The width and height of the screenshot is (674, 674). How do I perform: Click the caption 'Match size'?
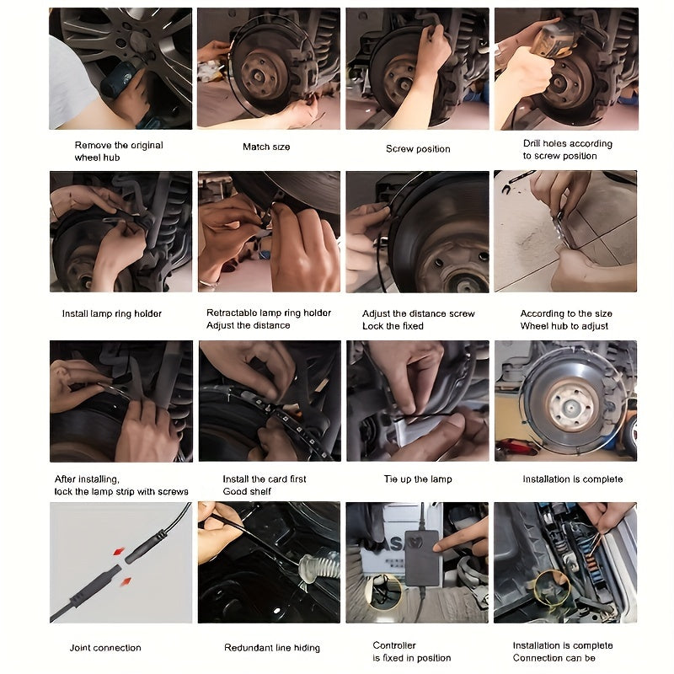[266, 147]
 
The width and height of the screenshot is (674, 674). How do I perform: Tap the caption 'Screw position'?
[418, 149]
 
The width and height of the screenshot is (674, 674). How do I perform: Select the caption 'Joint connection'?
[105, 648]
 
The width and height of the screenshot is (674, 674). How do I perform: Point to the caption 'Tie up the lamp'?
[418, 479]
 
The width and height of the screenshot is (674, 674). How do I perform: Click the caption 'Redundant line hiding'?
[272, 648]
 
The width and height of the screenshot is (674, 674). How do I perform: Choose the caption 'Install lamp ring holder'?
[112, 313]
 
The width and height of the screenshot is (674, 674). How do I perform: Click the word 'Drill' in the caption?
[532, 143]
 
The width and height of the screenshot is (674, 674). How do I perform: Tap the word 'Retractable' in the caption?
[230, 313]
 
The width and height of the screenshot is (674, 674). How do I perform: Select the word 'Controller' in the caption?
[394, 645]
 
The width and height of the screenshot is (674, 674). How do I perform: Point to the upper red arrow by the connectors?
[119, 551]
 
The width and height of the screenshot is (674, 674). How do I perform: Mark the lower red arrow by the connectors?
[126, 582]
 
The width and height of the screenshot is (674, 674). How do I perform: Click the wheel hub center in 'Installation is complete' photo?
[572, 405]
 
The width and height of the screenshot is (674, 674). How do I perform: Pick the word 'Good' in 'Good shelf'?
[233, 491]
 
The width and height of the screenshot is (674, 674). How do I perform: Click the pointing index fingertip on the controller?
[437, 547]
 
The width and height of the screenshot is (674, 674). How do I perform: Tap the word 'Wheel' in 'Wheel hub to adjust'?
[533, 326]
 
